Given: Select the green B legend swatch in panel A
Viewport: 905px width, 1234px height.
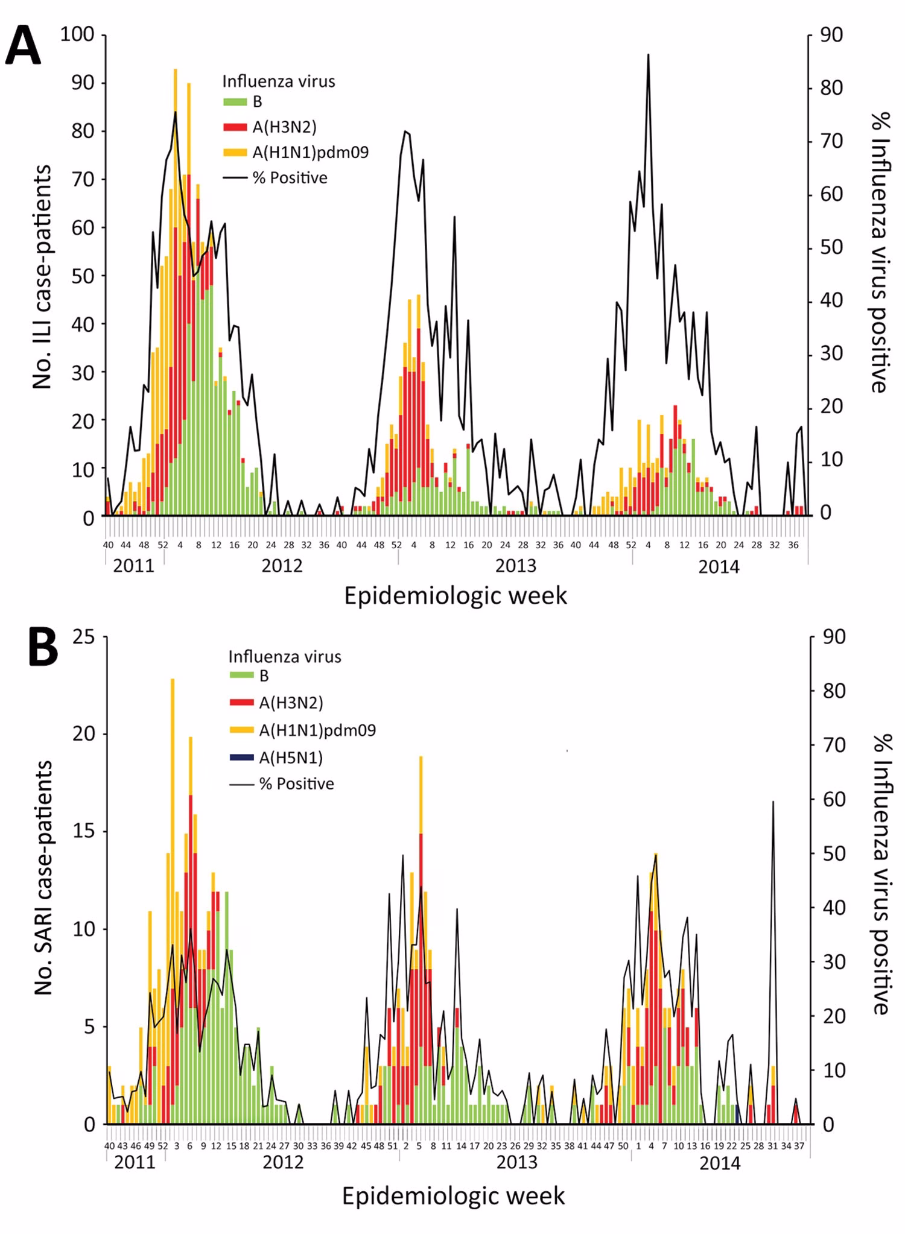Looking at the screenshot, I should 235,102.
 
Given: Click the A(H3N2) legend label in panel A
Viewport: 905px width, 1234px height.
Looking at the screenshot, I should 284,127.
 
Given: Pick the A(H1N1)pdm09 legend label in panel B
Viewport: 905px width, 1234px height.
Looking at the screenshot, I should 317,730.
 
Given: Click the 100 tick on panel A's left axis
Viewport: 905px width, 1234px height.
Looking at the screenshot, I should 77,34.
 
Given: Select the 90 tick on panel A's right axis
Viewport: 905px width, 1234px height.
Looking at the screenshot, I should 831,35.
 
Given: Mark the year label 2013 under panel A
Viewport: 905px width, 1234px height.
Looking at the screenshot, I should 515,566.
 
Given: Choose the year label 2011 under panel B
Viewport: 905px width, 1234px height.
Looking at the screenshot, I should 135,1162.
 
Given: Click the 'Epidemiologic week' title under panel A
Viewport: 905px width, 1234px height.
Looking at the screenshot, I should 456,596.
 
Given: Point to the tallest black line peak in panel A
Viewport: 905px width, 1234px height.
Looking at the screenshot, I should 648,55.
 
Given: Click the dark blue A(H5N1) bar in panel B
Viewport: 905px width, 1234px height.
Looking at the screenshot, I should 737,1114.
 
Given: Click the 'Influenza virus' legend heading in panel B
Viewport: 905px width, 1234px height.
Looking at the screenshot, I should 285,656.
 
